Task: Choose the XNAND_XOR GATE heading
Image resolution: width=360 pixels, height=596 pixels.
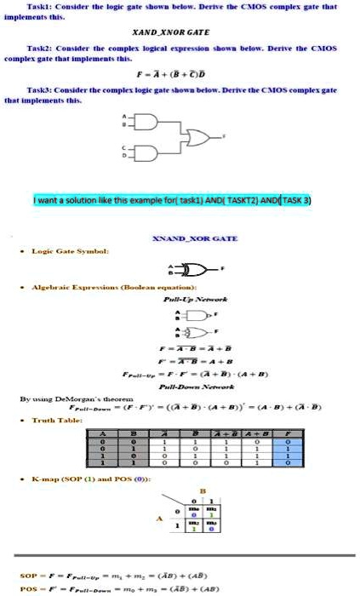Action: tap(180, 241)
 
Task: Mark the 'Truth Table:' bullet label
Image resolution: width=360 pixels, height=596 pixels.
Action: tap(58, 420)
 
